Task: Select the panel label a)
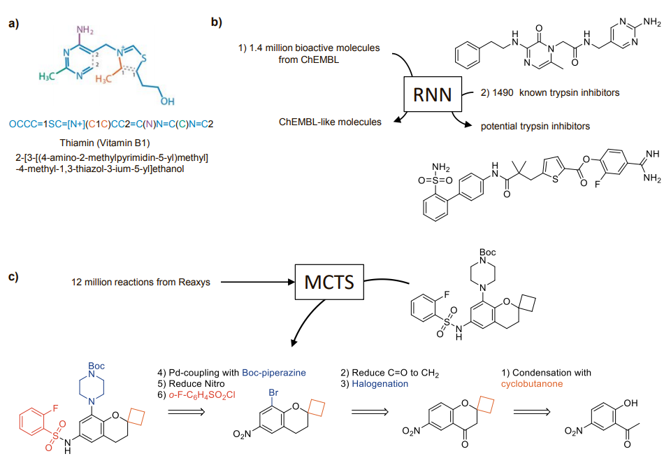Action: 15,23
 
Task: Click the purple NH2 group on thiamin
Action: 85,30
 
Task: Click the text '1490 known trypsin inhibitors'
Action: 547,93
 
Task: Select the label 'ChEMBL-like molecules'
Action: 330,122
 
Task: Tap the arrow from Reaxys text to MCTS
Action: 254,283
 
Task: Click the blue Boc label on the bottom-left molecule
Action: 95,366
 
